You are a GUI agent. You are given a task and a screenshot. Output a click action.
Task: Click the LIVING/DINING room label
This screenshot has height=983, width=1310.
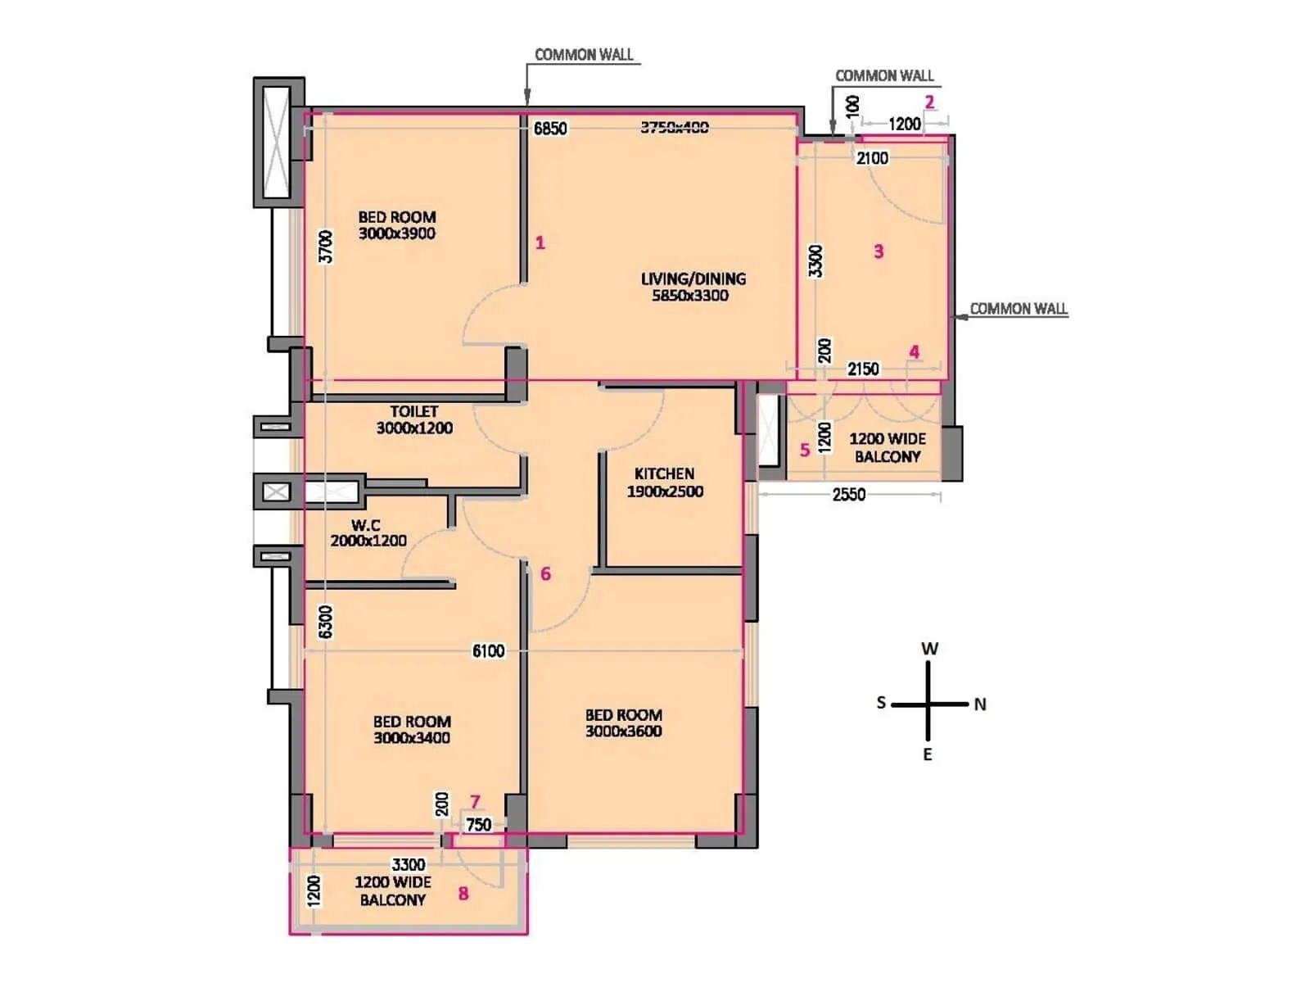tap(693, 287)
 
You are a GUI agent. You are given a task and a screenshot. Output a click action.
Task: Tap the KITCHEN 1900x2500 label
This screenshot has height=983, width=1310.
tap(665, 482)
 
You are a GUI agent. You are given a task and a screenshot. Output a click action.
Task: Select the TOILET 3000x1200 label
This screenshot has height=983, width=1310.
tap(414, 419)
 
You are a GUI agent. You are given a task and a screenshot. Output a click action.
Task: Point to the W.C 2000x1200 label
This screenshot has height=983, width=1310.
tap(368, 532)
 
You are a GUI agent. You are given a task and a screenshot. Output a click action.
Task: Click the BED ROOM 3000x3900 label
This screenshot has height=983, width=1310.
tap(397, 225)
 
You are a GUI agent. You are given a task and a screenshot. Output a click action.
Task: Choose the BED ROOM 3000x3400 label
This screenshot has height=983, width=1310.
tap(412, 729)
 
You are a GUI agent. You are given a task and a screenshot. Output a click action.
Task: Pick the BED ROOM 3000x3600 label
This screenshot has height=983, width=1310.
tap(623, 723)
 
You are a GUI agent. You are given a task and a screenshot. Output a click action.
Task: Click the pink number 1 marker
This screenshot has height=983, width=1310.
tap(540, 242)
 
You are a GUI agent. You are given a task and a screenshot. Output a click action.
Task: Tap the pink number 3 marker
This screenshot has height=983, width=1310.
tap(879, 251)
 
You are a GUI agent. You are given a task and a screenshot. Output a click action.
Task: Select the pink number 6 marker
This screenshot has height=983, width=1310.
tap(545, 573)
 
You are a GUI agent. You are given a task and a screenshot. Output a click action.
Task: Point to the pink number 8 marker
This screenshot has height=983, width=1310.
tap(463, 894)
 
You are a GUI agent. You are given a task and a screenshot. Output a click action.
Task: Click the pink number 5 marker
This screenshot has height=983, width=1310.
tap(805, 450)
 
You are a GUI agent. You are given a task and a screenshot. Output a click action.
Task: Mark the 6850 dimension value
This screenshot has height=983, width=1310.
tap(550, 129)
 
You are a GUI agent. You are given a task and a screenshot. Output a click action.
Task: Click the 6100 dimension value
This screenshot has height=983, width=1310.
tap(488, 651)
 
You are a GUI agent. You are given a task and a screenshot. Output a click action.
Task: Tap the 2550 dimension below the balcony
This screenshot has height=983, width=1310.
tap(848, 495)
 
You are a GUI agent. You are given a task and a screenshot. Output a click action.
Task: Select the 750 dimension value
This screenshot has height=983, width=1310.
tap(479, 825)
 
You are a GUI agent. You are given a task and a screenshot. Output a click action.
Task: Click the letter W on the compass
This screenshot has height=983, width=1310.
tap(929, 649)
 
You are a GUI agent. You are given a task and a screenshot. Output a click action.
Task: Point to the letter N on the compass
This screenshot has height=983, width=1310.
tap(980, 704)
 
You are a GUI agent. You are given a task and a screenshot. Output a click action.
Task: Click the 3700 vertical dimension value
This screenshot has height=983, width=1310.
tap(326, 247)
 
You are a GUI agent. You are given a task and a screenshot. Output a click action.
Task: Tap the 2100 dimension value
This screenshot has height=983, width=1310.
tap(872, 158)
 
